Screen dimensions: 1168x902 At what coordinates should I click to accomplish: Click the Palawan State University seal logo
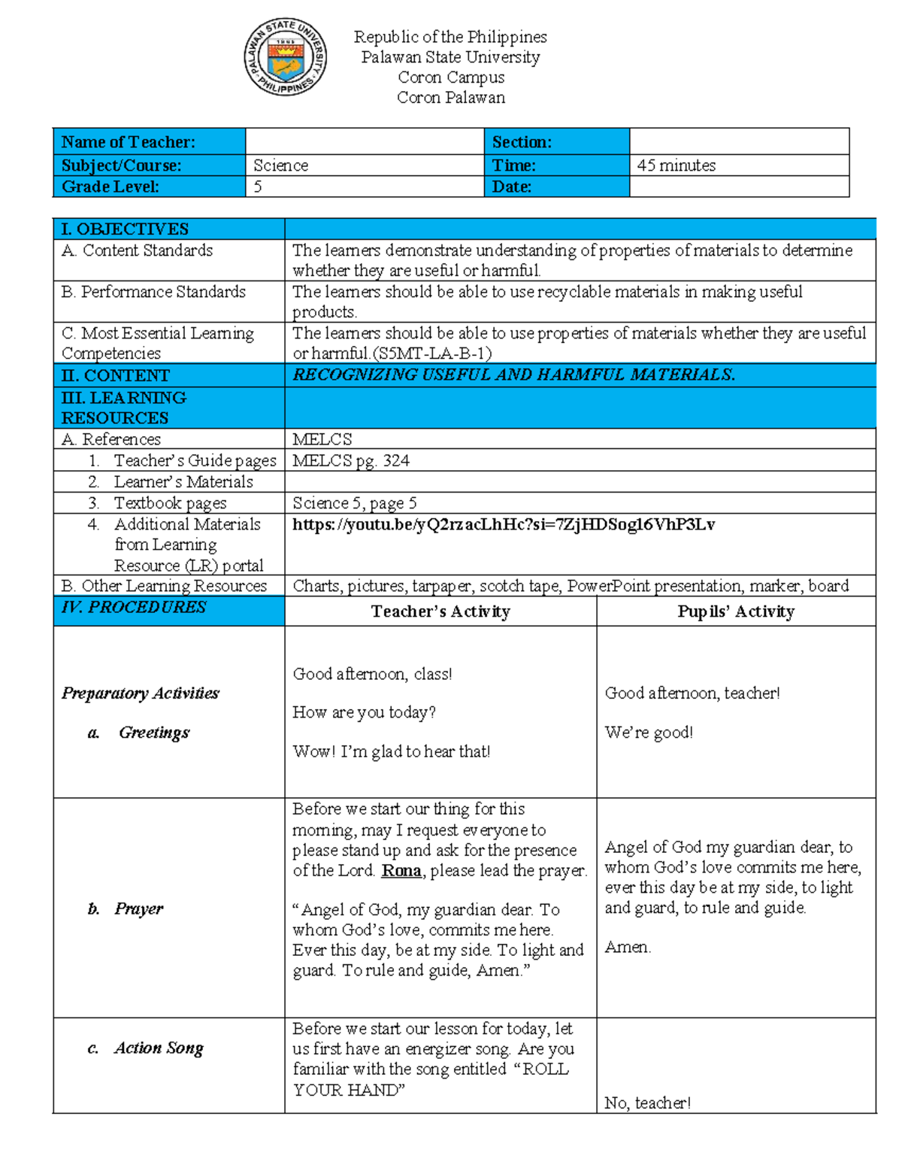(x=285, y=58)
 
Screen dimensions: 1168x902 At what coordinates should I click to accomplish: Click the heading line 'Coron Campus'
(x=451, y=77)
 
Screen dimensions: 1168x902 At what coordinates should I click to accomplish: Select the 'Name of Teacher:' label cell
(x=129, y=142)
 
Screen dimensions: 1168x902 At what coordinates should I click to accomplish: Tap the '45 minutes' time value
(x=676, y=165)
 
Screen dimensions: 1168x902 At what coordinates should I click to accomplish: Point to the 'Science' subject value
(x=280, y=165)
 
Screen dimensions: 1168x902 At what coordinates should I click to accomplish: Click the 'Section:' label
(x=522, y=142)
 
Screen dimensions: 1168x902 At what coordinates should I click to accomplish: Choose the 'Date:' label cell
(x=512, y=187)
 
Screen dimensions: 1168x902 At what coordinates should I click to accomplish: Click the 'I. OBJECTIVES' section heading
(x=125, y=229)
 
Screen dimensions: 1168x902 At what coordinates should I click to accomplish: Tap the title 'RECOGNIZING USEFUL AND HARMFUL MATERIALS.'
(x=513, y=375)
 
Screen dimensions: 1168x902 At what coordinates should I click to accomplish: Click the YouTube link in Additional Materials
(x=503, y=525)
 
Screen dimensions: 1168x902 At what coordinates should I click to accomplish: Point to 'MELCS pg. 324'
(x=350, y=461)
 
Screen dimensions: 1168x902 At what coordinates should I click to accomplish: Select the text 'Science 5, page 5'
(x=354, y=503)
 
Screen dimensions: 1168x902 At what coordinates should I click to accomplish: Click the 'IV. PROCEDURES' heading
(x=134, y=608)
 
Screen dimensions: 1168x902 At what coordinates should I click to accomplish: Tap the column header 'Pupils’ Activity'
(x=735, y=611)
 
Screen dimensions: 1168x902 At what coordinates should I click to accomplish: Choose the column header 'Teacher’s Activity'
(x=440, y=611)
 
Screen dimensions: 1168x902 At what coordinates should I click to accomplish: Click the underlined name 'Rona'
(x=401, y=871)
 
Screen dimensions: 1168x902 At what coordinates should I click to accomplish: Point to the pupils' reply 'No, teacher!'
(x=647, y=1103)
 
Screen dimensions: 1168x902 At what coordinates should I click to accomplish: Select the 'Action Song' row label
(x=158, y=1048)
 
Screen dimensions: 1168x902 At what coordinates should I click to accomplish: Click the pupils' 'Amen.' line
(x=628, y=948)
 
